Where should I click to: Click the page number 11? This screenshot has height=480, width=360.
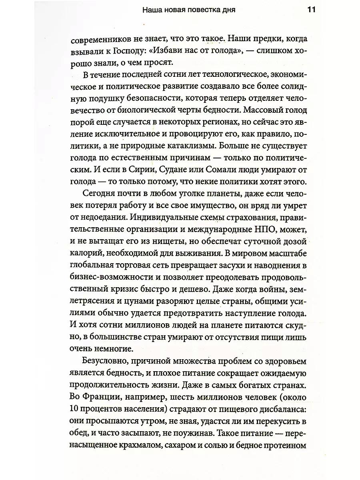pos(311,10)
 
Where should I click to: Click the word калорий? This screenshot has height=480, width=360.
pos(86,253)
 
